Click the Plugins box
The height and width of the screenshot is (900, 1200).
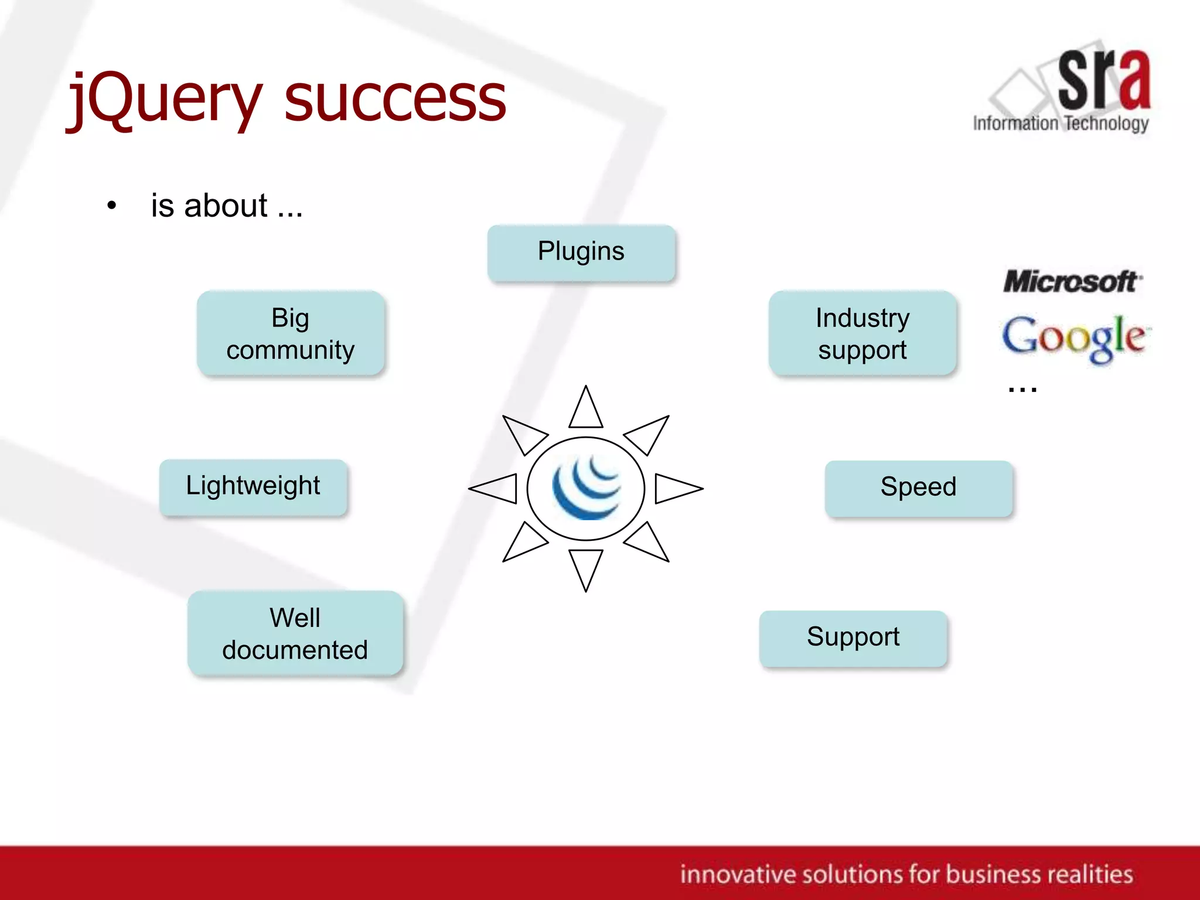point(581,253)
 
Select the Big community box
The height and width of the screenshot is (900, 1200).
point(291,333)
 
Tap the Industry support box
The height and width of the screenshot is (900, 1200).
point(862,333)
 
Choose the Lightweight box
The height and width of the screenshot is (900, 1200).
point(253,487)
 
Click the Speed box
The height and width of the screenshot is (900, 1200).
point(918,488)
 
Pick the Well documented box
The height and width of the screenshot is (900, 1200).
point(295,633)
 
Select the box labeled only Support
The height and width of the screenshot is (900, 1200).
point(853,638)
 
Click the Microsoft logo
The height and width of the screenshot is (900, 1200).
point(1072,282)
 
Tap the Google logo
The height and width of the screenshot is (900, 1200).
point(1076,338)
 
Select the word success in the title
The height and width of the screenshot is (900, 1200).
point(395,100)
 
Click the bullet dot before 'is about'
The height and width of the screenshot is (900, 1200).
point(111,206)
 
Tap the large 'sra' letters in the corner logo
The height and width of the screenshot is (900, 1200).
point(1104,79)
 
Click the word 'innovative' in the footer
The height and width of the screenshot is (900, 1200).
point(736,874)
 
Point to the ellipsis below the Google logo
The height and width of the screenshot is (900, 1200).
point(1022,388)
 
